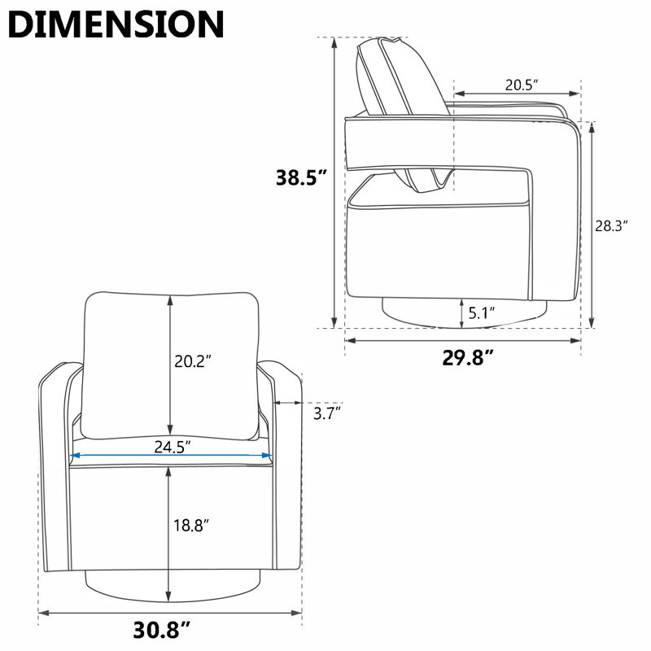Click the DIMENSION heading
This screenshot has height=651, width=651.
116,24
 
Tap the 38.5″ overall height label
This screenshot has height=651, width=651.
302,177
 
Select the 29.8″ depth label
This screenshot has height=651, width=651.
468,357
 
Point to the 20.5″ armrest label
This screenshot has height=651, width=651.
522,85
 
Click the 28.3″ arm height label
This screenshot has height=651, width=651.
611,226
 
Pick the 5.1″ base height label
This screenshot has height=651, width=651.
482,312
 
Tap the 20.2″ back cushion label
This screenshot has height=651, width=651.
193,361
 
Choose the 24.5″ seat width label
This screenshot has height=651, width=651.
173,447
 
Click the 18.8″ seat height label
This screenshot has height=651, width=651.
191,525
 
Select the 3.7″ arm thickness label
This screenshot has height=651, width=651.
327,413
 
